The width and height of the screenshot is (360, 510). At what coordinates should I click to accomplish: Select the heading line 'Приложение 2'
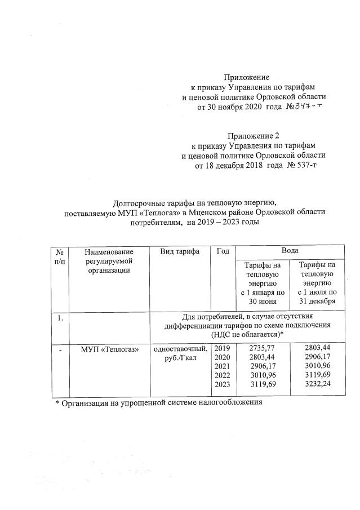(x=253, y=135)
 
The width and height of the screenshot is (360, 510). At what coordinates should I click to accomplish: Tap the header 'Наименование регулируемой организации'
(x=110, y=260)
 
